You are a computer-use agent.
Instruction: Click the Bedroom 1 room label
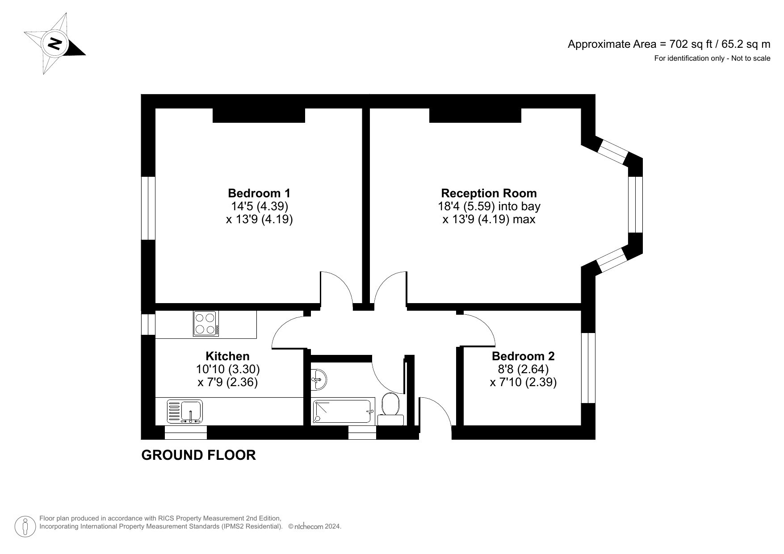pos(259,193)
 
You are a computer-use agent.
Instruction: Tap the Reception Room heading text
pos(489,193)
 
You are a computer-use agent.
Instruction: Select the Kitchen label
pos(227,356)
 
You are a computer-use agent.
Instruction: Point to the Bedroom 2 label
pos(523,356)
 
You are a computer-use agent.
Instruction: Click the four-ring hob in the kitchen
pos(206,324)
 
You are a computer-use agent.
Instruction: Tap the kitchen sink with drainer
pos(185,411)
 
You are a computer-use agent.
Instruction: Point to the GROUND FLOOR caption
pos(198,455)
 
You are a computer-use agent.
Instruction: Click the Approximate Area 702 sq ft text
pos(669,44)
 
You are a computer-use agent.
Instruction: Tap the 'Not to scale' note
pos(712,58)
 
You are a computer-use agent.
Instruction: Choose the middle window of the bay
pos(635,204)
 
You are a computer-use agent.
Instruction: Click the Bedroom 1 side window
pos(148,208)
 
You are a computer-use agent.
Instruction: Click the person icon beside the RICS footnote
pos(26,526)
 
